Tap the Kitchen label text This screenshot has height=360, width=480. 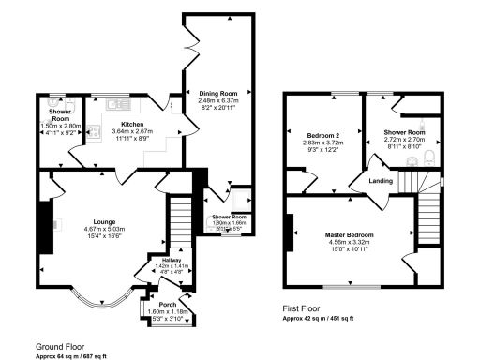point(126,124)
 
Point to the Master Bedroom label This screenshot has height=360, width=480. point(349,233)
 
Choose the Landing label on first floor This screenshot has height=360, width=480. point(380,180)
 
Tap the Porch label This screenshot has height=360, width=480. point(168,304)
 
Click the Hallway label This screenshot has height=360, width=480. point(171,260)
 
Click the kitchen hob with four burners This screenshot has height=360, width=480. point(94,132)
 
